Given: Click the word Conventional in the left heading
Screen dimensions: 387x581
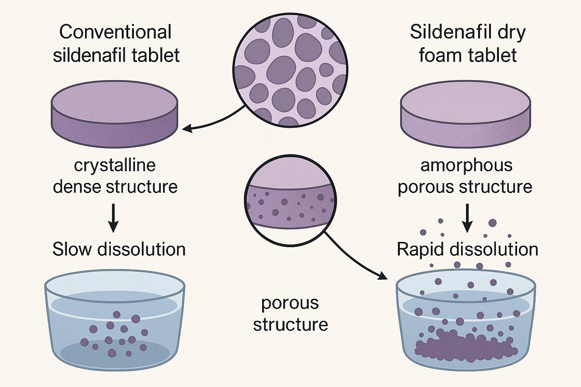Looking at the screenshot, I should (115, 32).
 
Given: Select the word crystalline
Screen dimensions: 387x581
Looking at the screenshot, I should (115, 165).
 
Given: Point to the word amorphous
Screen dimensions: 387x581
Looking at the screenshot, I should (466, 165).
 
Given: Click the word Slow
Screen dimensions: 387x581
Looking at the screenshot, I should (72, 249).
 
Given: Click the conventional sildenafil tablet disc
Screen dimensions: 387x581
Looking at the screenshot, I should (114, 110).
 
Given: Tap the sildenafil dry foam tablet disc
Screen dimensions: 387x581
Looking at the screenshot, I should (466, 110).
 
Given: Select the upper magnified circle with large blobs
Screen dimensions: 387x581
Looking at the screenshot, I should (290, 70).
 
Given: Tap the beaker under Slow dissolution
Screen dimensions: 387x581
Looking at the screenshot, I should (115, 321).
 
